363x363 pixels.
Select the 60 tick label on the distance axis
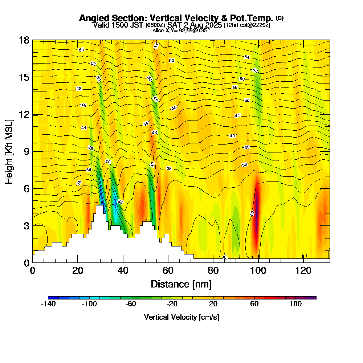coord(168,270)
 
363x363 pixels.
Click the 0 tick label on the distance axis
coord(33,270)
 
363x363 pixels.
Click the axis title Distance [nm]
coord(181,284)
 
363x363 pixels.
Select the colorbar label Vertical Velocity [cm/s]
coord(181,317)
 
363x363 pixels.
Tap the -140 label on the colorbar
coord(48,304)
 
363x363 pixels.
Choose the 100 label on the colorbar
coord(295,304)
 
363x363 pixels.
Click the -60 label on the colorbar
coord(131,304)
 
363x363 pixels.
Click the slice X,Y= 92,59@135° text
coord(181,31)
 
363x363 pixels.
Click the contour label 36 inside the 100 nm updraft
coord(252,213)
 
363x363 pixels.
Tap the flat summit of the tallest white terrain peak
coord(99,206)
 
